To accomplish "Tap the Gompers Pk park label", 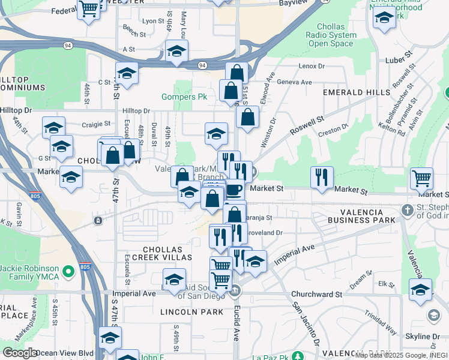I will click(x=184, y=97).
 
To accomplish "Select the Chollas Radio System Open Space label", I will click(x=331, y=35).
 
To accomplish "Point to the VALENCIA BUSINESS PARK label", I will click(x=361, y=217).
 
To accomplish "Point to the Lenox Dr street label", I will click(x=311, y=66).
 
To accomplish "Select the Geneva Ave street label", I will click(x=298, y=82).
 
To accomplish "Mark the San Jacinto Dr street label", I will click(x=306, y=325).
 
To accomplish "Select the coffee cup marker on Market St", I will click(x=234, y=189).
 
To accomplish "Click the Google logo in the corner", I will click(x=20, y=352).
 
